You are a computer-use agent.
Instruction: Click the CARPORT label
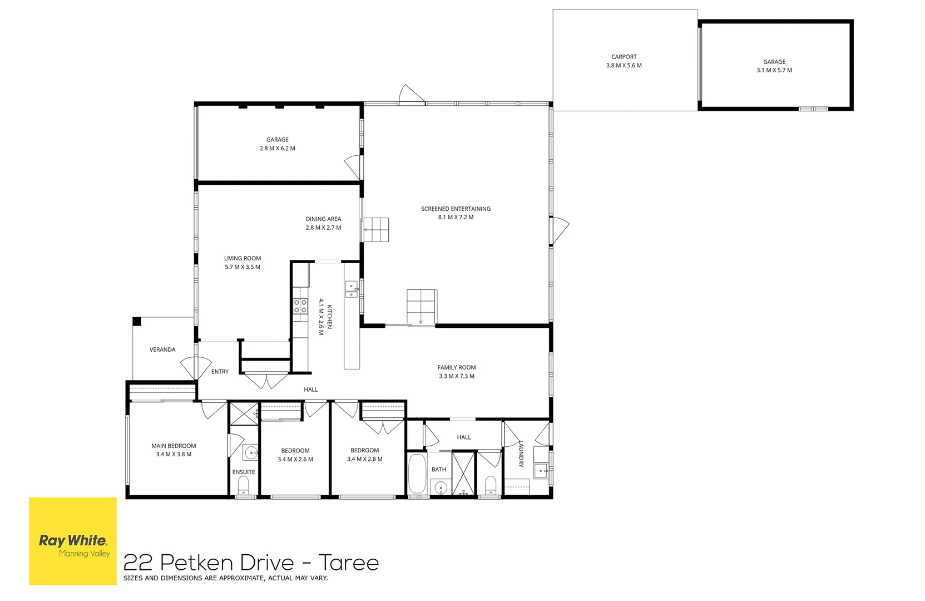624,57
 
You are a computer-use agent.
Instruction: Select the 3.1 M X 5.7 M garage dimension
774,70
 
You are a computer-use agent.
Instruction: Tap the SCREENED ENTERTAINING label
456,209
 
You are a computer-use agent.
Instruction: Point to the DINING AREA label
323,219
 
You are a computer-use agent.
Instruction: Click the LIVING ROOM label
243,258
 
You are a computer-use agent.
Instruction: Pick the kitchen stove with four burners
300,307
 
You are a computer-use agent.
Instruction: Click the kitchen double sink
351,290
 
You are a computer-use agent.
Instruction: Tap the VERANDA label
162,349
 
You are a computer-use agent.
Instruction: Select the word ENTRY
220,372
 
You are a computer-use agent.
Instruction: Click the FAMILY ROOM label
456,367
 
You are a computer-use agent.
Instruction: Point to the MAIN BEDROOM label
174,446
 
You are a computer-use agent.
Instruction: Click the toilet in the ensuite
244,487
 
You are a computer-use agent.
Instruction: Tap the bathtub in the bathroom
417,474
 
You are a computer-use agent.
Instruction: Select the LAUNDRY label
521,454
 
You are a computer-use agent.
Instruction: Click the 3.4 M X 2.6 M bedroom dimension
295,459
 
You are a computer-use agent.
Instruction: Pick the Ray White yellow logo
73,541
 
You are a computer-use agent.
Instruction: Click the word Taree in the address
349,563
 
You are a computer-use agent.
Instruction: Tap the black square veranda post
137,321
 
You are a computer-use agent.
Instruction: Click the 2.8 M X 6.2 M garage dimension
277,149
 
